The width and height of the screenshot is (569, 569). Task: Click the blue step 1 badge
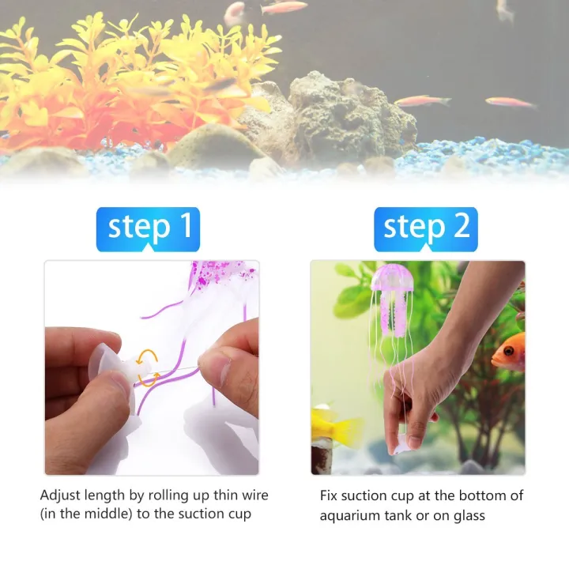(148, 228)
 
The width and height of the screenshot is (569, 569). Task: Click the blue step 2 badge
(426, 228)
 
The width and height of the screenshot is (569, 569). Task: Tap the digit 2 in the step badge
(461, 227)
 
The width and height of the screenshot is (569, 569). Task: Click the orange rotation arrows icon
(148, 369)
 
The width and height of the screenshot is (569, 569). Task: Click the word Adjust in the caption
(60, 496)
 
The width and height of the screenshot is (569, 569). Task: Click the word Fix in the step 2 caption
(330, 496)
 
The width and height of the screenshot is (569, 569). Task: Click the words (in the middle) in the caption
(86, 515)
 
